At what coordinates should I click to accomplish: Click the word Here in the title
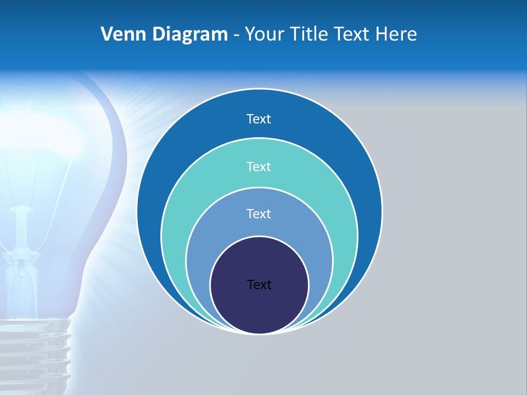pos(396,35)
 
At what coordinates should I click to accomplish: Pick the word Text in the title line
pos(352,35)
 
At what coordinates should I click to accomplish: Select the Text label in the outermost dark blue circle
pos(259,119)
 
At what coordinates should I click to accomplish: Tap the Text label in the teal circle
pos(259,166)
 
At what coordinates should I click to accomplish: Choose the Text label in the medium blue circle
pos(259,213)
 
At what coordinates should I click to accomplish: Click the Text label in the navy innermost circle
pos(259,285)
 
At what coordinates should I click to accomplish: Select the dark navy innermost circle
pos(259,307)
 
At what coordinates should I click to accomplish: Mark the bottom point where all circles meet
pos(259,333)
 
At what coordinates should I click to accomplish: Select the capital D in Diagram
pos(159,35)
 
